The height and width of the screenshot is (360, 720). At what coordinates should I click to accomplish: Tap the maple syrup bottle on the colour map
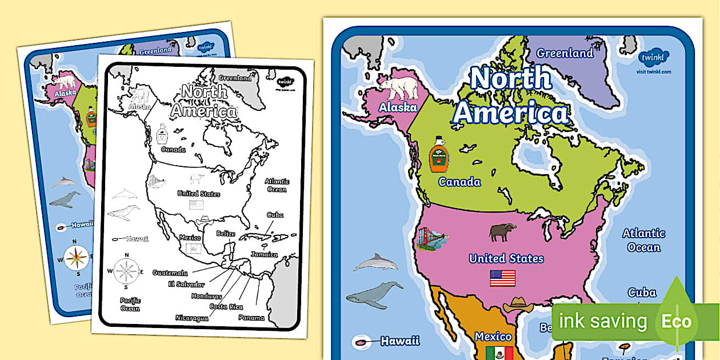[x=439, y=155]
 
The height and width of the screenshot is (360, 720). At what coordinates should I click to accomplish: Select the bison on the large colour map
[x=502, y=231]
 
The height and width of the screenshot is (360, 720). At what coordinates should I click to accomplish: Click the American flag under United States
[x=502, y=278]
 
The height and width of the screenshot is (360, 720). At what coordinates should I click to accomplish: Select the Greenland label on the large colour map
[x=565, y=53]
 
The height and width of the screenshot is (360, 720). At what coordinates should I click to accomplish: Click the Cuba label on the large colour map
[x=642, y=293]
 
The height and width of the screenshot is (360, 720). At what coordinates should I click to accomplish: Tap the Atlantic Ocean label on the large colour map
[x=643, y=240]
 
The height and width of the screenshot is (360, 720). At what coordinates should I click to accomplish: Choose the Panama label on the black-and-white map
[x=251, y=318]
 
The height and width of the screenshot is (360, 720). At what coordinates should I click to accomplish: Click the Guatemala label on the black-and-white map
[x=170, y=273]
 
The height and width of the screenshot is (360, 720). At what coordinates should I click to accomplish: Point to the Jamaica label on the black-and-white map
[x=263, y=255]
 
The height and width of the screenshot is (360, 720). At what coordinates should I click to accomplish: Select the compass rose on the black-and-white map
[x=126, y=270]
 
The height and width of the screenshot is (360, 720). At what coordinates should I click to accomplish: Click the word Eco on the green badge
[x=677, y=321]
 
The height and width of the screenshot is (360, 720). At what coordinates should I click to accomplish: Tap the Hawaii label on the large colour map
[x=400, y=341]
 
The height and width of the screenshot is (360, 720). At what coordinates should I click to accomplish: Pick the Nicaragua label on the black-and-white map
[x=191, y=318]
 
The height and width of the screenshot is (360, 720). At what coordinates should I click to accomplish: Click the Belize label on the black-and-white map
[x=226, y=233]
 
